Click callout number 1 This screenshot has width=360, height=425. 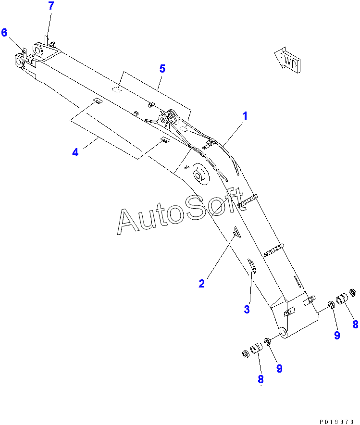click(x=245, y=116)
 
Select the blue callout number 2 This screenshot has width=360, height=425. click(x=201, y=284)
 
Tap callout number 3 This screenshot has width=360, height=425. click(x=247, y=310)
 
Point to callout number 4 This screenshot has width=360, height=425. click(x=75, y=152)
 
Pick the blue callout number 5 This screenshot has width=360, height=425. click(x=162, y=69)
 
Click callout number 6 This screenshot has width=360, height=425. click(x=4, y=33)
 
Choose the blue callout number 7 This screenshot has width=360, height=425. click(x=51, y=6)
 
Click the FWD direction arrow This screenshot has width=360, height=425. click(x=288, y=60)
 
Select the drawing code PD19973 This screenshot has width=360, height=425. click(x=336, y=421)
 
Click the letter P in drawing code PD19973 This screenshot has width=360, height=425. click(x=320, y=421)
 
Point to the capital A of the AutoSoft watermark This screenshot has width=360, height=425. click(x=129, y=221)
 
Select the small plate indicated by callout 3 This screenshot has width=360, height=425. click(x=251, y=265)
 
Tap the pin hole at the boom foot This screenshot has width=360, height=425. click(x=283, y=333)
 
